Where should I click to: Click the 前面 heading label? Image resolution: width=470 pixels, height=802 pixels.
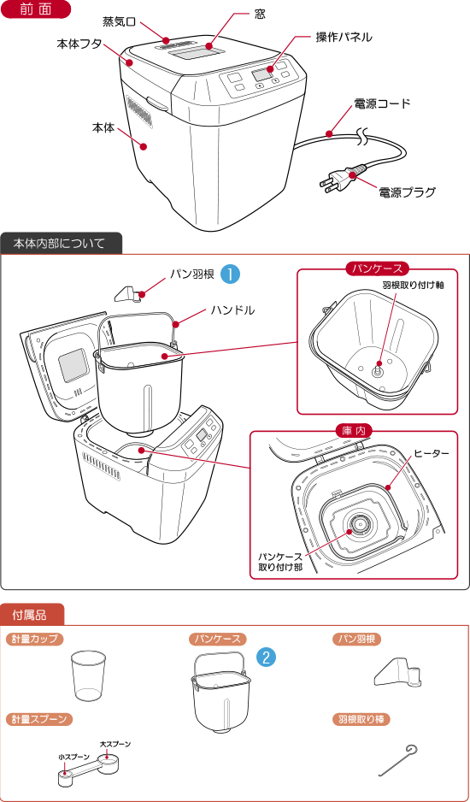[x=35, y=10]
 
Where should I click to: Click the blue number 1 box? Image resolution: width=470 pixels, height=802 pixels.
[x=230, y=274]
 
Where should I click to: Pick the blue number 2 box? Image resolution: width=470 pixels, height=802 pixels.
[x=266, y=657]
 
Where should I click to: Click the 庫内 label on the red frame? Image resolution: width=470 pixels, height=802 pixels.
[x=354, y=431]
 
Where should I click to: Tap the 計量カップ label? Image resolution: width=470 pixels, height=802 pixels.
[x=35, y=639]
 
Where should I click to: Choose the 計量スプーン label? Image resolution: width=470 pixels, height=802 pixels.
[x=38, y=719]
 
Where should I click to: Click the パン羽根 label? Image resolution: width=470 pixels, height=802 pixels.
[x=356, y=639]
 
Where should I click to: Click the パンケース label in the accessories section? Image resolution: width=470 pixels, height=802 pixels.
[x=218, y=639]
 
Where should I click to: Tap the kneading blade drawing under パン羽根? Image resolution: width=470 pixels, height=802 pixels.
[x=399, y=674]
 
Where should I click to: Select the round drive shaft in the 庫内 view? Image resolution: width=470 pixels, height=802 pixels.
[x=360, y=523]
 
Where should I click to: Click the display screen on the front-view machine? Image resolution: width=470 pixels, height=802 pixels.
[x=261, y=77]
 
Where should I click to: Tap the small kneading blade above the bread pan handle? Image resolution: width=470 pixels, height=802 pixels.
[x=129, y=294]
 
